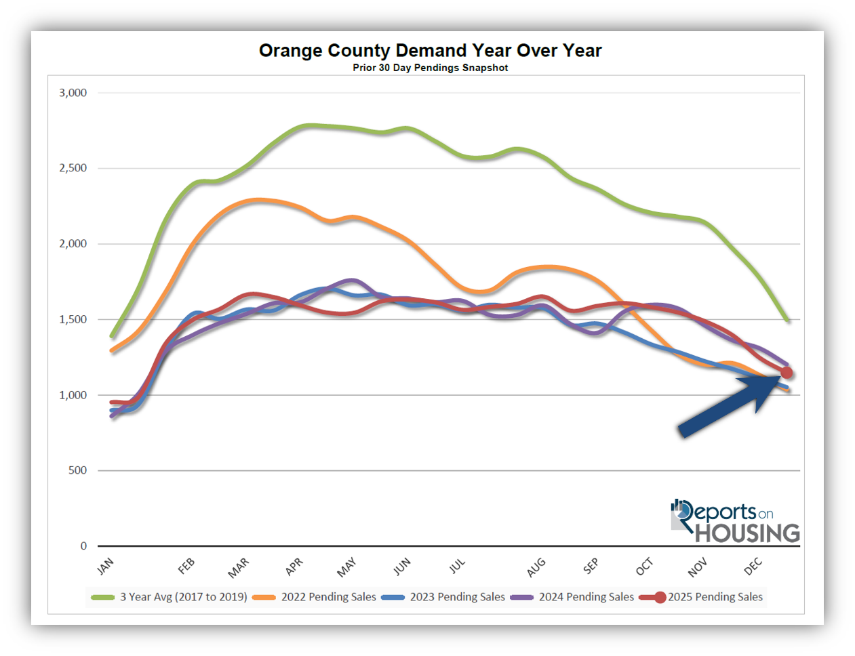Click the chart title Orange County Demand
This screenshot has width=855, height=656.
[430, 51]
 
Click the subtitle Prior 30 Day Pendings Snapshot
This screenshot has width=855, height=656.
[430, 68]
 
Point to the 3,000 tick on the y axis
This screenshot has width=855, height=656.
[73, 93]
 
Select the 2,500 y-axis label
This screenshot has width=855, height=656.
[73, 168]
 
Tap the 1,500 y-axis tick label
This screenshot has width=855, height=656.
[73, 319]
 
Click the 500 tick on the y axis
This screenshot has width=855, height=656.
[77, 470]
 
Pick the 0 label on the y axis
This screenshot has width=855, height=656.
[83, 546]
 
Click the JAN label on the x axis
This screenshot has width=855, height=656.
[106, 566]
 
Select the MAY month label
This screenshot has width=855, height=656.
[346, 567]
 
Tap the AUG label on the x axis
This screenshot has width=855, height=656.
[536, 567]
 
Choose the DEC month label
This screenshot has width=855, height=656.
[753, 567]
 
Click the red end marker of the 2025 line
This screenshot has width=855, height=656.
[787, 373]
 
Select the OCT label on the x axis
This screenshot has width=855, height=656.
[644, 567]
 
